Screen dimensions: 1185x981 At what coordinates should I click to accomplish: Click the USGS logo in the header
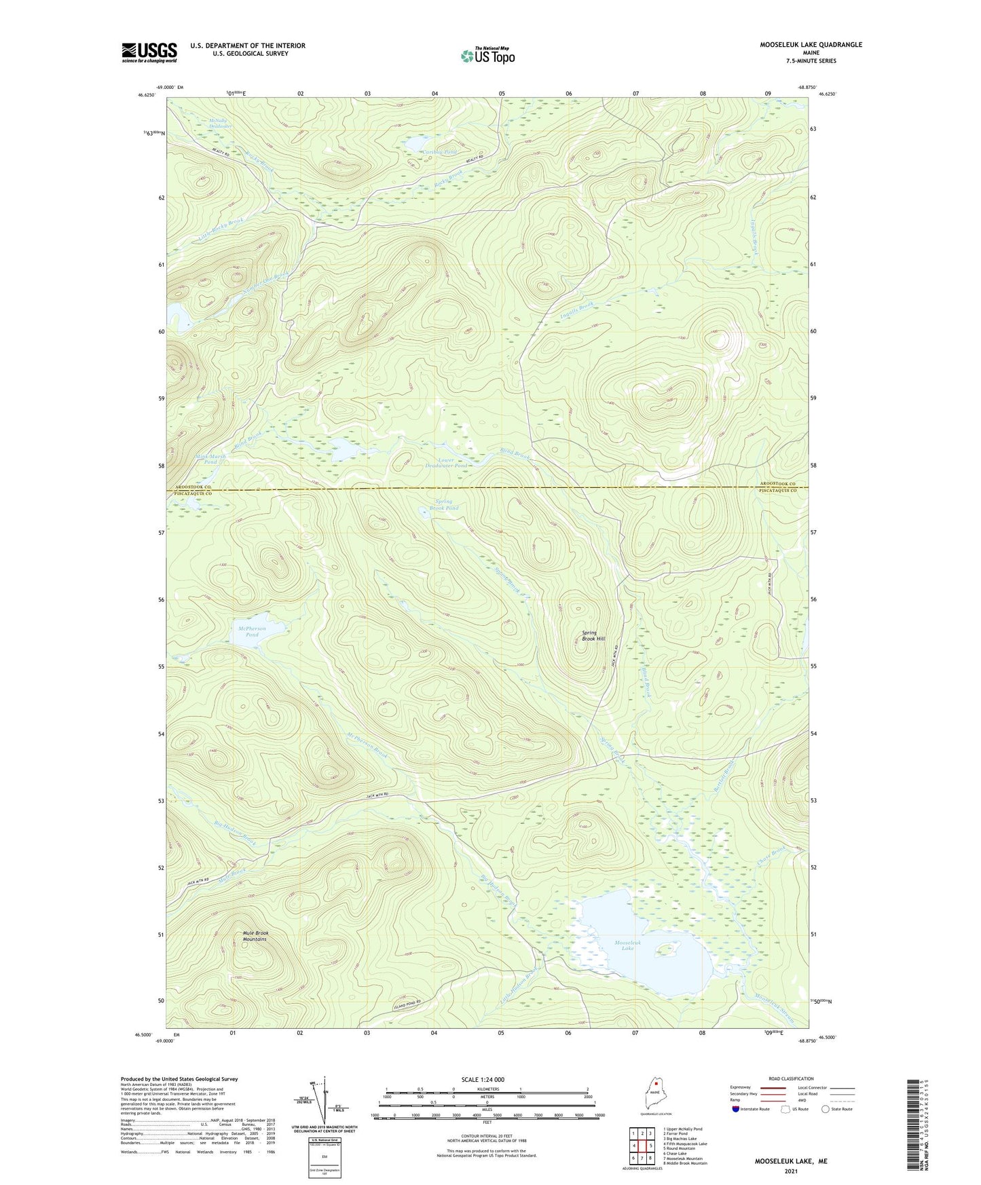pos(149,52)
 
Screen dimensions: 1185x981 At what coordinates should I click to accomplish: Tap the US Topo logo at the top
pos(487,56)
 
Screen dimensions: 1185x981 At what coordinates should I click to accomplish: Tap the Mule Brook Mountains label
pos(255,936)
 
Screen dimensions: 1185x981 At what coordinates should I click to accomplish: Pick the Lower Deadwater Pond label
pos(446,463)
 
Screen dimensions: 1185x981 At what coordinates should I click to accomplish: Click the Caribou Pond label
pos(439,152)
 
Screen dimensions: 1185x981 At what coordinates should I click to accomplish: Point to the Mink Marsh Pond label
pos(210,459)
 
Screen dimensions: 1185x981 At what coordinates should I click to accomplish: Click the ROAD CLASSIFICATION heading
pos(792,1078)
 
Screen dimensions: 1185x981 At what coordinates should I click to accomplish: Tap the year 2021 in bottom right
pos(791,1171)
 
